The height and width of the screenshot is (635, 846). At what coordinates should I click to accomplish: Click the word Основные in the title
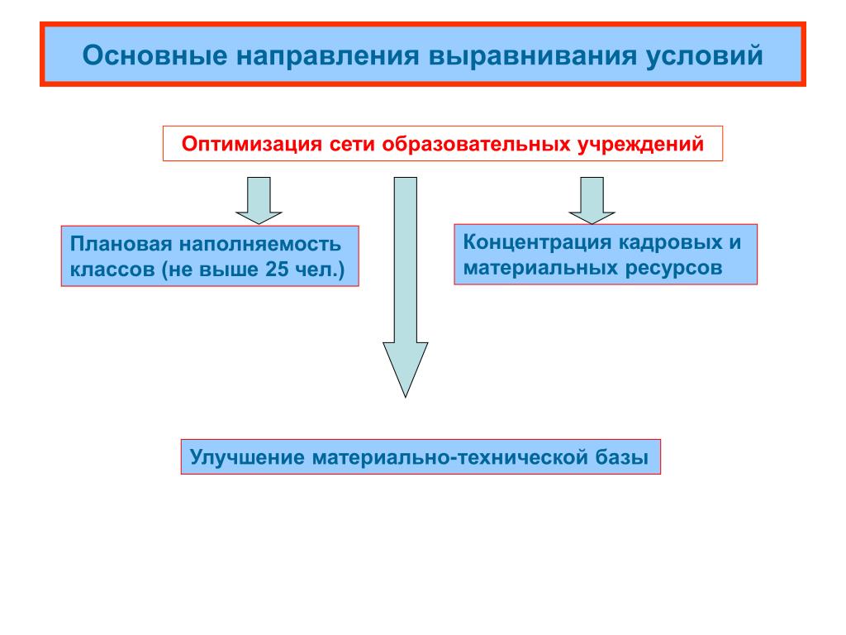(x=154, y=56)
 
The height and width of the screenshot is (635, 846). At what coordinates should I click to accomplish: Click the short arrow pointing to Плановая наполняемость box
(x=259, y=200)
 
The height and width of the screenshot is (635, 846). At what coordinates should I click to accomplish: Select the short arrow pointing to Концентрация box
(x=592, y=200)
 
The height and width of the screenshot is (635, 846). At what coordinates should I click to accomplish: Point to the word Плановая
(x=119, y=246)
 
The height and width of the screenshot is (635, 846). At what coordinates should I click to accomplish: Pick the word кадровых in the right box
(x=667, y=243)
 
